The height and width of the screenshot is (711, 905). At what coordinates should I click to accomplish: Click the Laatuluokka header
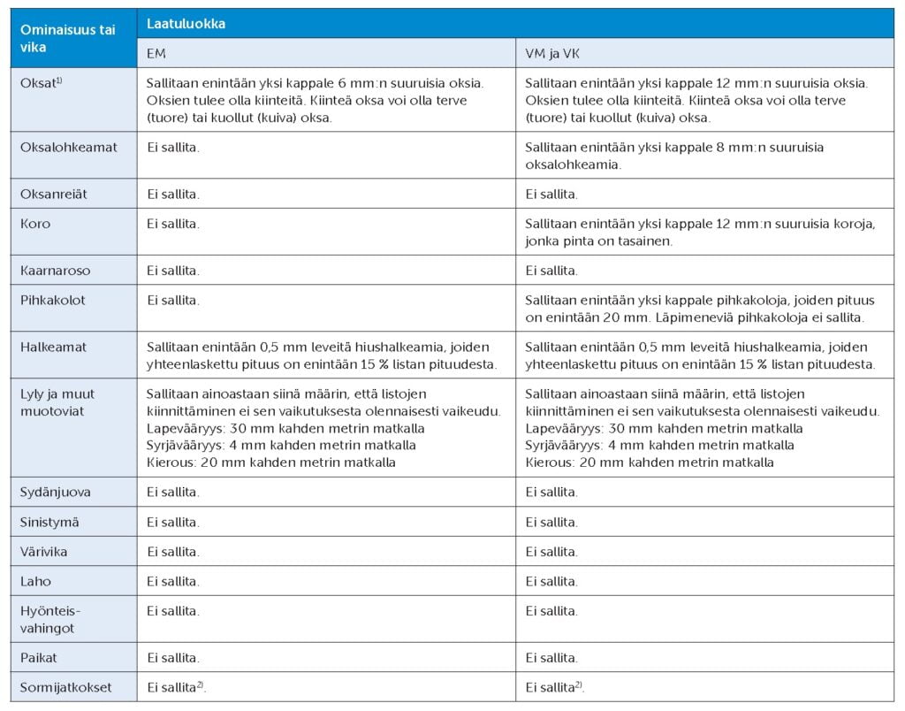(x=186, y=24)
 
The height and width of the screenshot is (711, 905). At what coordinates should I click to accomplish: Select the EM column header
(x=156, y=53)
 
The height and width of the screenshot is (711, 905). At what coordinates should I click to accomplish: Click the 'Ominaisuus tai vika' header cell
(x=68, y=38)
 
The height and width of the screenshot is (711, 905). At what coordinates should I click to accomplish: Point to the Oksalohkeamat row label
(x=68, y=147)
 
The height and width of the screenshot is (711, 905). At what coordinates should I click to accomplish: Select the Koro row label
(x=35, y=224)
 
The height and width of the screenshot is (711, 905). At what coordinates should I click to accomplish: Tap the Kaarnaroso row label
(x=55, y=270)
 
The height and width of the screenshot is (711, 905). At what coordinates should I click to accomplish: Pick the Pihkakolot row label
(x=53, y=300)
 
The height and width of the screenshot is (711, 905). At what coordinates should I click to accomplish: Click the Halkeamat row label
(x=53, y=348)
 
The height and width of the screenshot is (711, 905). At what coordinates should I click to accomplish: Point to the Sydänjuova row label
(x=55, y=492)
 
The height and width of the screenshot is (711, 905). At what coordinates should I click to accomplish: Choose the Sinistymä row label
(x=49, y=522)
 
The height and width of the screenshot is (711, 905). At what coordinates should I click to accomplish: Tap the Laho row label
(x=35, y=582)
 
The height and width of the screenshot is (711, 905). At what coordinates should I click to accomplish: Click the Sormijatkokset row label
(x=66, y=687)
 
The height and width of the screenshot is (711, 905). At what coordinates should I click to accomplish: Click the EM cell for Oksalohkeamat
(x=173, y=147)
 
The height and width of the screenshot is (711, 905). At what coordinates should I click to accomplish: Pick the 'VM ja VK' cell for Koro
(x=700, y=232)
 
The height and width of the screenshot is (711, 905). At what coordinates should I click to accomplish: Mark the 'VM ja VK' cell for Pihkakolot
(x=700, y=308)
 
